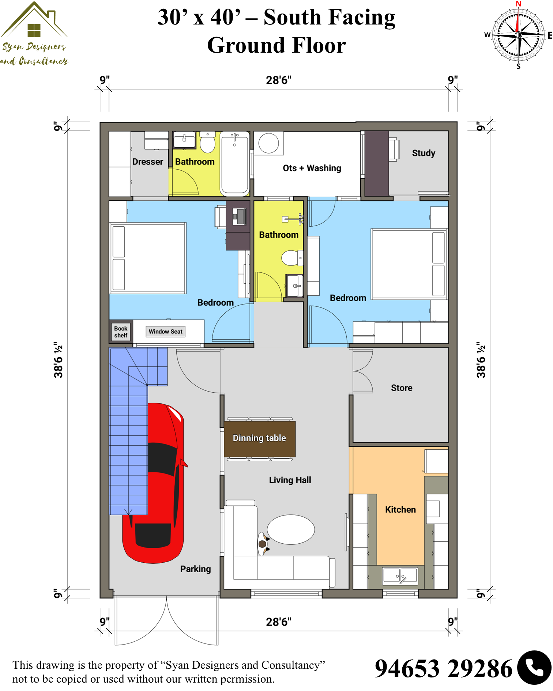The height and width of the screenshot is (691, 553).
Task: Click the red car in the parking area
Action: tap(154, 483)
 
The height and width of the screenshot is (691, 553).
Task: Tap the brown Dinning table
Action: tap(260, 438)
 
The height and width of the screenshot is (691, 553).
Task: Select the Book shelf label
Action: tap(121, 332)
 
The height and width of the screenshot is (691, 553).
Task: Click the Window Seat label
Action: tap(165, 332)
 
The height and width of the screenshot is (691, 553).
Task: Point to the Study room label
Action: tap(424, 153)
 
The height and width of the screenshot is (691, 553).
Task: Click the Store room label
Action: tap(402, 388)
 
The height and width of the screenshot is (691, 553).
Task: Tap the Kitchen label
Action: tap(400, 510)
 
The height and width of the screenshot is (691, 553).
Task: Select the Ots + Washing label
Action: tap(312, 168)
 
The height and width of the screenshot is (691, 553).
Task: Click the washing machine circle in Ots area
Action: tap(269, 143)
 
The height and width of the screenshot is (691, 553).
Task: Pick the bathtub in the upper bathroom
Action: tap(235, 163)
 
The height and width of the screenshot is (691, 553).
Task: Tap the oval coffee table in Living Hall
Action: tap(291, 529)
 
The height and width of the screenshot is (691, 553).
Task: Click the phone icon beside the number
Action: tap(534, 668)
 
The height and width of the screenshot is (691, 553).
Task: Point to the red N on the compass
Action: tap(518, 4)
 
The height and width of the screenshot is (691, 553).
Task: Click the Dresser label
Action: tap(148, 162)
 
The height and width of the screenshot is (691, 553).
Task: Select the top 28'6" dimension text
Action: tap(279, 80)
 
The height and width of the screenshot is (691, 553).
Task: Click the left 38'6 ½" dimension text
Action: tap(59, 360)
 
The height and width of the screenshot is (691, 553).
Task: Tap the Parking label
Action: tap(196, 569)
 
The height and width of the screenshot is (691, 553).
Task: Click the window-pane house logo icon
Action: tap(34, 30)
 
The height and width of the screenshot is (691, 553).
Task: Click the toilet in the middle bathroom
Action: tap(292, 258)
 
